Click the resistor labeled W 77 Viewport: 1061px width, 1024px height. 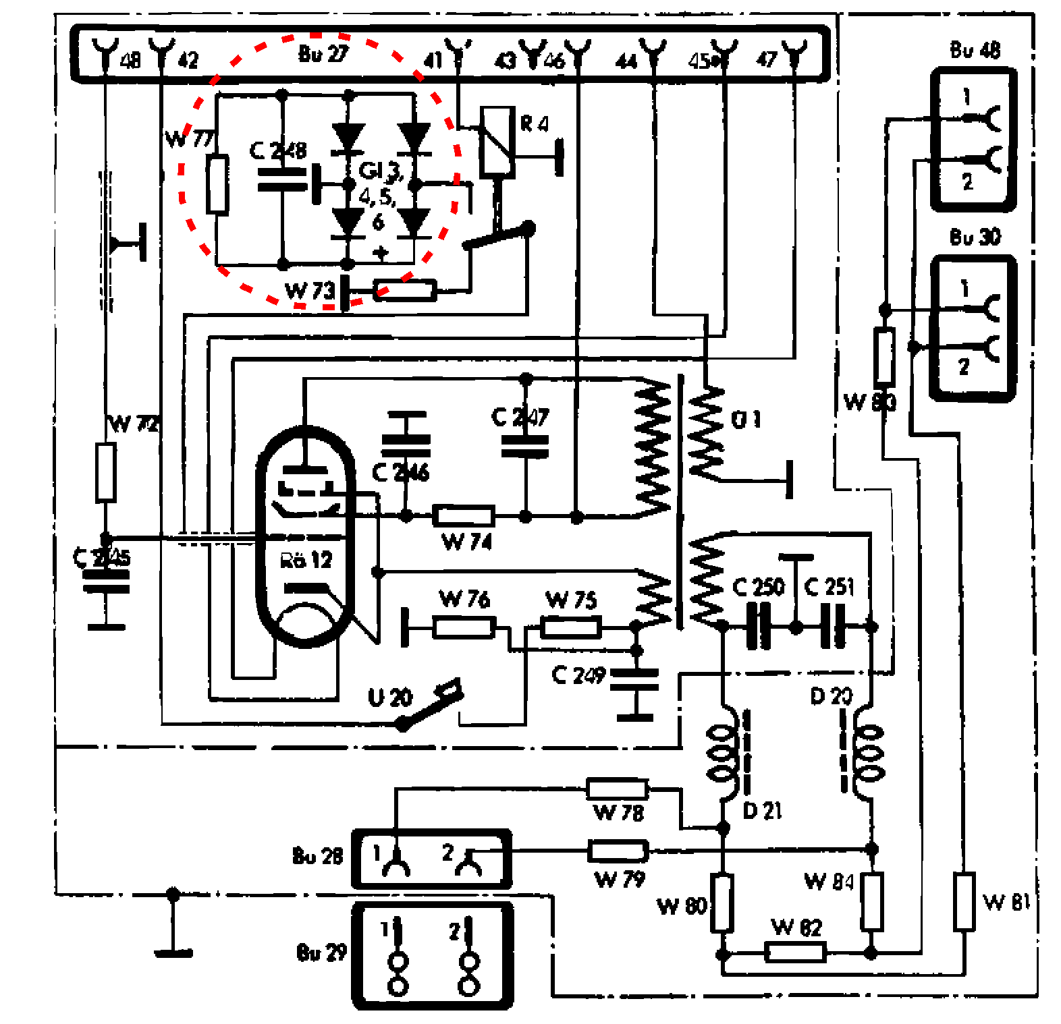tap(217, 184)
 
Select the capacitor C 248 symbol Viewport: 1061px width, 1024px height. tap(283, 177)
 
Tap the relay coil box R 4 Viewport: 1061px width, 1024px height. tap(497, 142)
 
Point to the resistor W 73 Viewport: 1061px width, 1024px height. tap(405, 291)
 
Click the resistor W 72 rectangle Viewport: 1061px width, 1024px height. tap(105, 472)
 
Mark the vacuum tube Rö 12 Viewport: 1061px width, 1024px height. tap(306, 536)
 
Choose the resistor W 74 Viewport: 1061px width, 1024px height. tap(464, 516)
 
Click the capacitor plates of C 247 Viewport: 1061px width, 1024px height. tap(525, 446)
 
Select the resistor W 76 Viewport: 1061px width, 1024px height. tap(464, 627)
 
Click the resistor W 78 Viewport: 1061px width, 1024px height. tap(617, 789)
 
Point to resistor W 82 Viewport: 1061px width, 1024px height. tap(795, 952)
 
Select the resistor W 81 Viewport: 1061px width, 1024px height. tap(964, 901)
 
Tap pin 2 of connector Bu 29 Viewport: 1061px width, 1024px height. tap(468, 958)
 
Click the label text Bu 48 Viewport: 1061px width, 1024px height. tap(975, 50)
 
